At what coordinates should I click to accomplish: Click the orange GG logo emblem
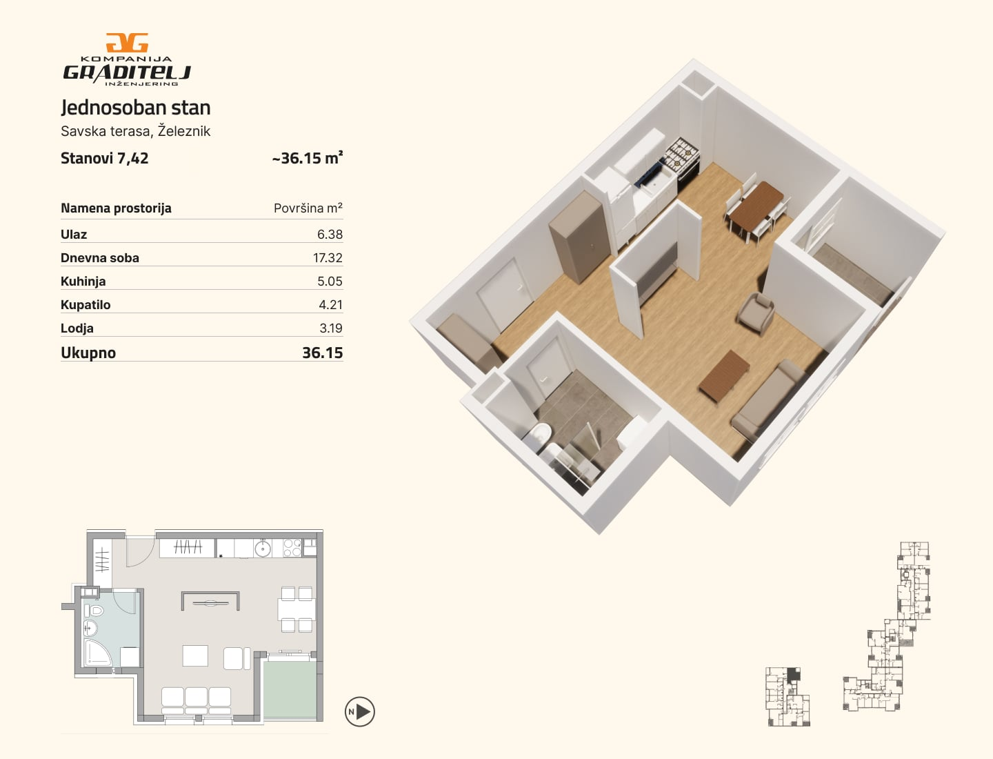127,43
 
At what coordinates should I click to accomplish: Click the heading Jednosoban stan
136,108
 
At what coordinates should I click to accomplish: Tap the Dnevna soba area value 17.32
328,258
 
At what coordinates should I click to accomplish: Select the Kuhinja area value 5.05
330,282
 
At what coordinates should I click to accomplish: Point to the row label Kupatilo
86,305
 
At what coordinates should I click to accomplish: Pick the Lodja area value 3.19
331,328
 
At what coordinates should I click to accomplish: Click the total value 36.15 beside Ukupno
323,353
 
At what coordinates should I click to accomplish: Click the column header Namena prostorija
116,208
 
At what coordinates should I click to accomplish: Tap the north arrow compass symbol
360,712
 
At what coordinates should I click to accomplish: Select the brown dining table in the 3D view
757,206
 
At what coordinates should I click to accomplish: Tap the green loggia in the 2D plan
290,690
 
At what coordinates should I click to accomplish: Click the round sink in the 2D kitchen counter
263,549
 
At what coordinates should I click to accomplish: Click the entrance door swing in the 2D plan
140,552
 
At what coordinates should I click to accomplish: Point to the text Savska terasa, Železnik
136,131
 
